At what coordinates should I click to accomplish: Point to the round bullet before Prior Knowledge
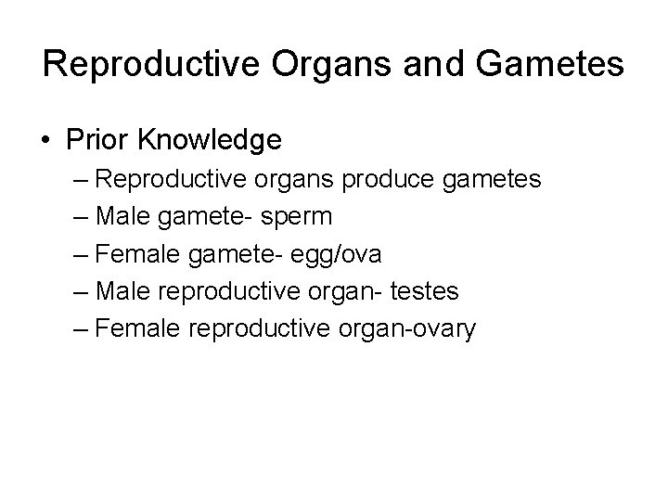coord(45,141)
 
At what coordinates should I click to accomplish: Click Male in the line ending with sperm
coord(122,216)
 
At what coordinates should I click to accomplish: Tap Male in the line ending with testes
coord(122,291)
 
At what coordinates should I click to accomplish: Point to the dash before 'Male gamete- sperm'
coord(81,217)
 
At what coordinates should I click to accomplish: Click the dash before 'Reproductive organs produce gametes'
coord(81,179)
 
